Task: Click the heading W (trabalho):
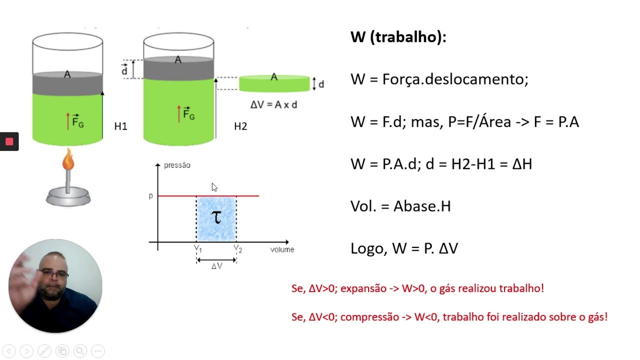click(x=398, y=37)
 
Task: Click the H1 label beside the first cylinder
click(x=120, y=126)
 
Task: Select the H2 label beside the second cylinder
click(x=240, y=126)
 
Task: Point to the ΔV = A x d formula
click(x=273, y=105)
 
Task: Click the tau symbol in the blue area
click(x=216, y=217)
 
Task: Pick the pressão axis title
click(x=177, y=165)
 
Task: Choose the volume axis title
click(x=282, y=249)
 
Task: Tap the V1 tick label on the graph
click(x=198, y=248)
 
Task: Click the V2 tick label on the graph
click(x=237, y=248)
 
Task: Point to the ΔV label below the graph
click(x=217, y=266)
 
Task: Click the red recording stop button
click(x=9, y=141)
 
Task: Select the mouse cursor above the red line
click(x=214, y=187)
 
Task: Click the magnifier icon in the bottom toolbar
click(x=80, y=351)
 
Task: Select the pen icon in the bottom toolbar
click(x=44, y=351)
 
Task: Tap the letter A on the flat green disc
click(x=274, y=77)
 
